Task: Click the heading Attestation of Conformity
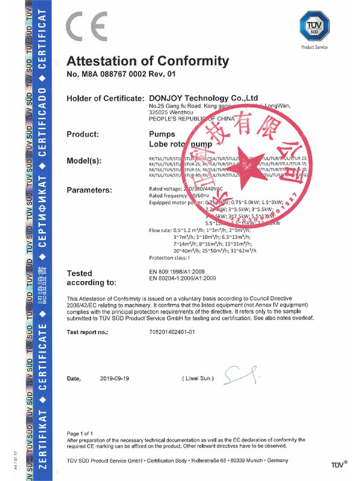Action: point(148,61)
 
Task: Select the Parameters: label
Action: point(90,190)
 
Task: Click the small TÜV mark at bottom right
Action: point(339,465)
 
